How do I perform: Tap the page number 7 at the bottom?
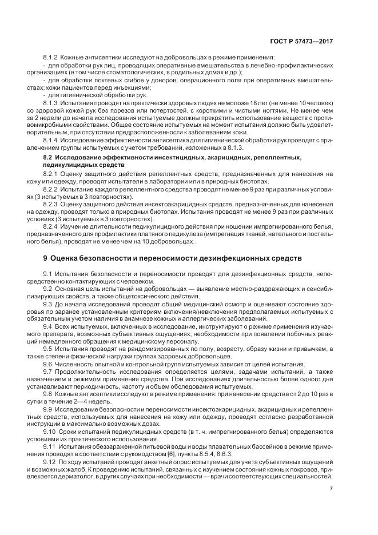click(x=331, y=489)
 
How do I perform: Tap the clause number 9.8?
click(x=47, y=394)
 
